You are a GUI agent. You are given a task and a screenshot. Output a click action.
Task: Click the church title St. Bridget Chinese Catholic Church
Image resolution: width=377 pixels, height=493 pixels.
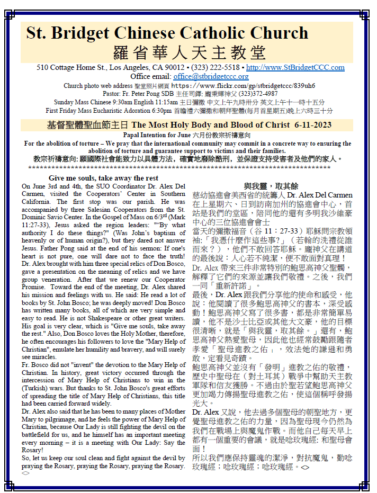click(x=167, y=33)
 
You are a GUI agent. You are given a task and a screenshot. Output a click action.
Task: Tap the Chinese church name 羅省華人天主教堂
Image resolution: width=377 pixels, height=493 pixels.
click(x=189, y=53)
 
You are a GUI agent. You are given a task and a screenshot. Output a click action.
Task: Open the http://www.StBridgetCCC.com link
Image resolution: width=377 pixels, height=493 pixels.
click(x=295, y=68)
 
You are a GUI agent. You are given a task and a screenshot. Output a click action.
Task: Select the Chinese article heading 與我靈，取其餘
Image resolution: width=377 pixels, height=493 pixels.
click(x=271, y=186)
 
